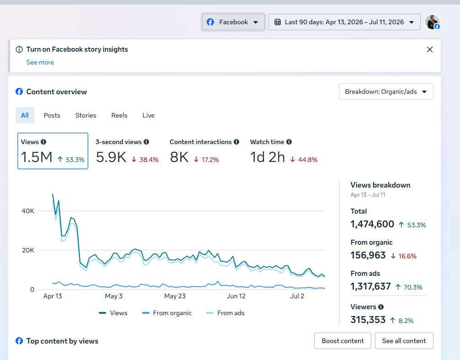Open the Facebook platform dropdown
pyautogui.click(x=233, y=22)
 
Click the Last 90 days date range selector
pyautogui.click(x=344, y=22)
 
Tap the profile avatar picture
pyautogui.click(x=433, y=22)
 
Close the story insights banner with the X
pyautogui.click(x=430, y=49)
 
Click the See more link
pyautogui.click(x=40, y=62)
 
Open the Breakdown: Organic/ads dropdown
pyautogui.click(x=386, y=91)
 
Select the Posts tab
pyautogui.click(x=52, y=115)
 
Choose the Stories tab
pyautogui.click(x=86, y=115)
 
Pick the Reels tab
pyautogui.click(x=119, y=115)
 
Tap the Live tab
pyautogui.click(x=149, y=115)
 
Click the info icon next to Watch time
pyautogui.click(x=289, y=142)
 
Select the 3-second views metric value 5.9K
pyautogui.click(x=111, y=157)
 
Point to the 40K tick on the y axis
pyautogui.click(x=28, y=211)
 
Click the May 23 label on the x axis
pyautogui.click(x=175, y=296)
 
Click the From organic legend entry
pyautogui.click(x=166, y=313)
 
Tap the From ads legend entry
pyautogui.click(x=225, y=313)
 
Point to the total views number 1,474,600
pyautogui.click(x=372, y=224)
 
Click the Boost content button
pyautogui.click(x=342, y=341)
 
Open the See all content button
pyautogui.click(x=404, y=341)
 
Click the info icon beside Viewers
pyautogui.click(x=381, y=307)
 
